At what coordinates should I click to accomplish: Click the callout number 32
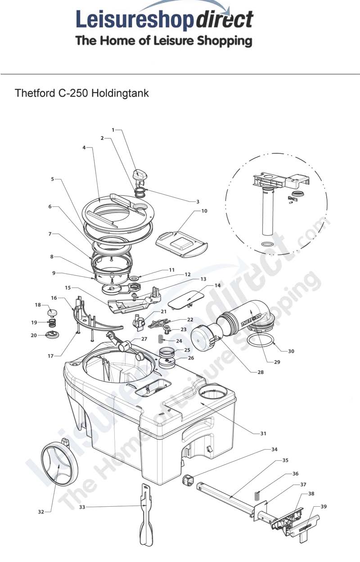click(41, 512)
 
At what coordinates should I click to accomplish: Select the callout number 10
click(204, 210)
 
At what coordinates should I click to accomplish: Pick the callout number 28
click(261, 372)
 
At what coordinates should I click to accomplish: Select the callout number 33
click(82, 507)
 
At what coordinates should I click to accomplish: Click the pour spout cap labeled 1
click(138, 175)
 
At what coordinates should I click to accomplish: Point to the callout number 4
click(84, 147)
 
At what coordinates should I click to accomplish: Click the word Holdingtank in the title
click(120, 94)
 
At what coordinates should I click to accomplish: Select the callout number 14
click(217, 285)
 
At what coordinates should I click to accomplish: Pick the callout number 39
click(324, 506)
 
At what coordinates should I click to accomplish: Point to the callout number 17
click(50, 356)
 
